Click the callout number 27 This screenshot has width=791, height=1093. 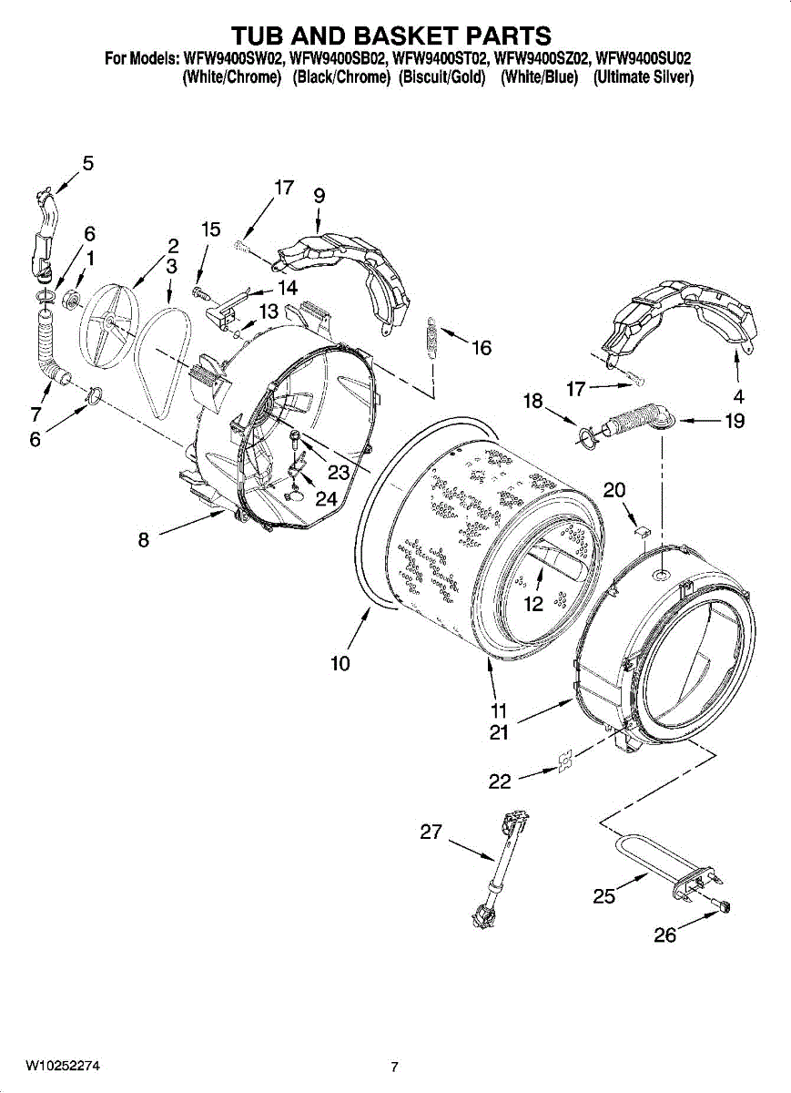[x=431, y=832]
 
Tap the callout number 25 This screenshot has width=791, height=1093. [x=603, y=896]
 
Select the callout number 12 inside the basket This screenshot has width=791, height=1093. [x=533, y=603]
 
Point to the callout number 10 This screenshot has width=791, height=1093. [x=340, y=664]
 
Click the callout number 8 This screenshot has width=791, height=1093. [x=144, y=539]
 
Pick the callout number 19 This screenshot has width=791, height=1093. [x=734, y=421]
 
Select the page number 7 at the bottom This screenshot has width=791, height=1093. [x=394, y=1067]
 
